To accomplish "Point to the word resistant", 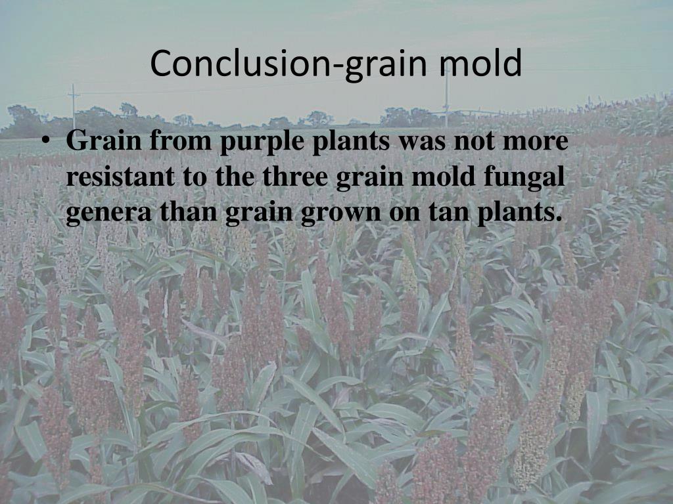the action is click(120, 177).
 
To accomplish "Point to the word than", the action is click(189, 212).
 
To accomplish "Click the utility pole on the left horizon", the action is click(74, 107).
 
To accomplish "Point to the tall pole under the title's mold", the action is click(446, 96).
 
